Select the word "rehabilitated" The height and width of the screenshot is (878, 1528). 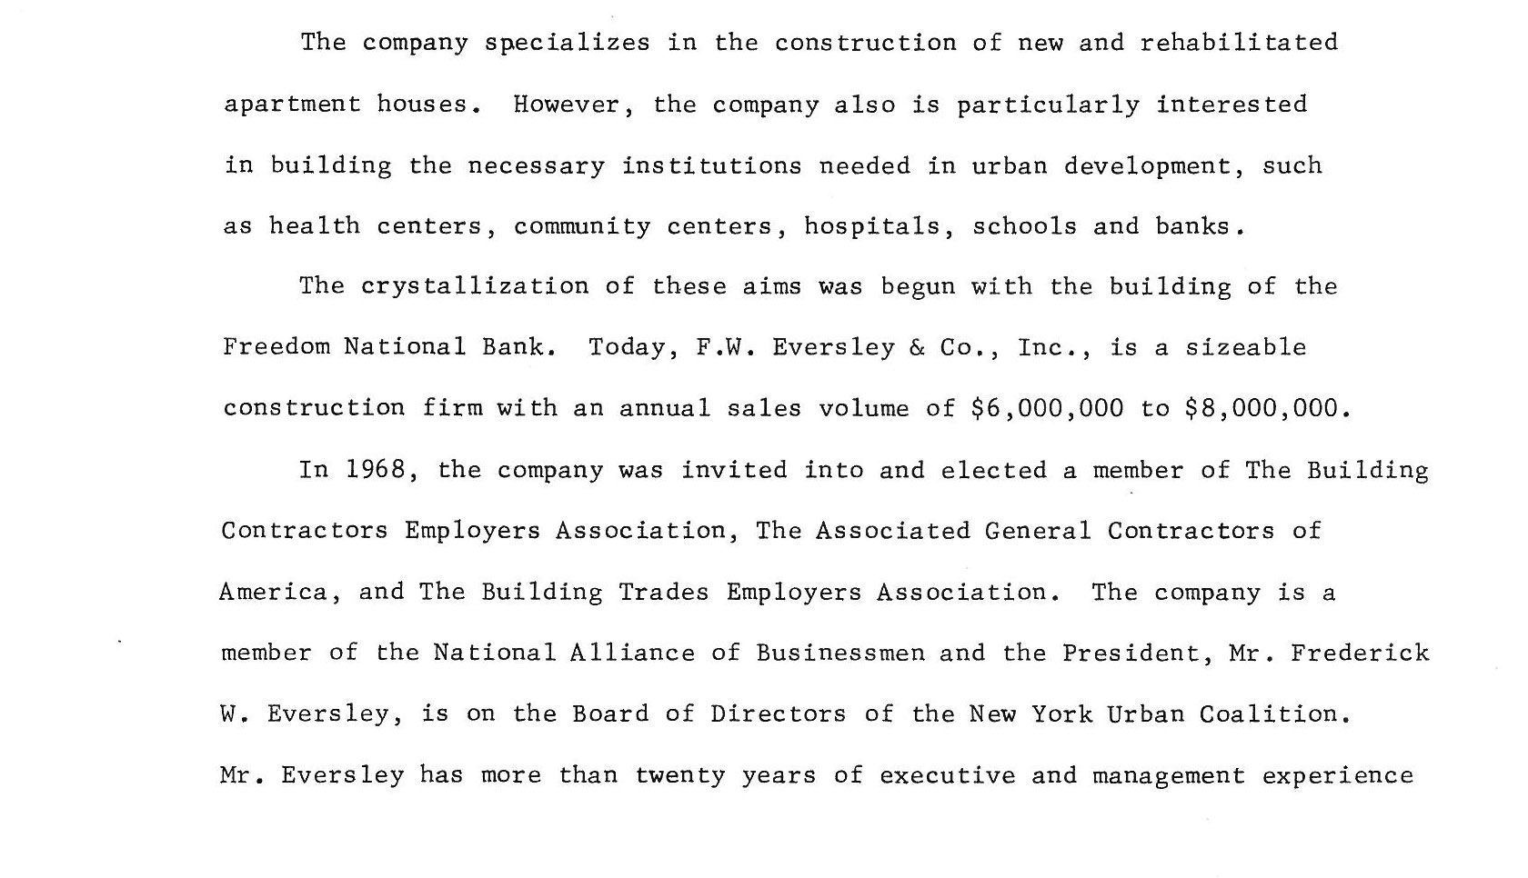(1239, 43)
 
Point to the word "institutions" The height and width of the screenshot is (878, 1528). (711, 166)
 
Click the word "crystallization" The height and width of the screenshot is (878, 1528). (475, 287)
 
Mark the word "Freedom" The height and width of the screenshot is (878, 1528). (276, 347)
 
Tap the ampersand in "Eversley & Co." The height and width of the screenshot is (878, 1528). (917, 347)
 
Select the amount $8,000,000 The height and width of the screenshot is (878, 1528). (1262, 409)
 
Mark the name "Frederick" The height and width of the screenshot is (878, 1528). (1360, 654)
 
